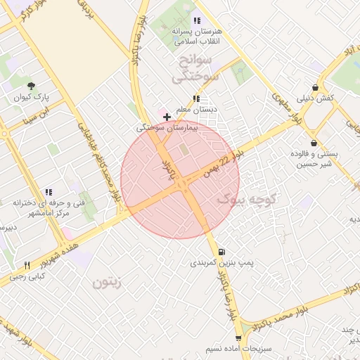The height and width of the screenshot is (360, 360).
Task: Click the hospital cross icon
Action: [166, 116]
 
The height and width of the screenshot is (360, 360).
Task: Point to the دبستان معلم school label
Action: [196, 110]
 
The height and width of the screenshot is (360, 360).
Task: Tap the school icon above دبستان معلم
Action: [196, 98]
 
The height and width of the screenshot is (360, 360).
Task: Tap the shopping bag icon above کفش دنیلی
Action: [315, 86]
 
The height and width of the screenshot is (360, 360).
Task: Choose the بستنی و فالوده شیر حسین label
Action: [314, 158]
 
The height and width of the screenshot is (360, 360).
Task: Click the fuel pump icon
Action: [222, 251]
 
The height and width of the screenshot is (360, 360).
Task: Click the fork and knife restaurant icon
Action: [27, 266]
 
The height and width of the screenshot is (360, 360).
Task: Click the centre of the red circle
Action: [180, 179]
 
